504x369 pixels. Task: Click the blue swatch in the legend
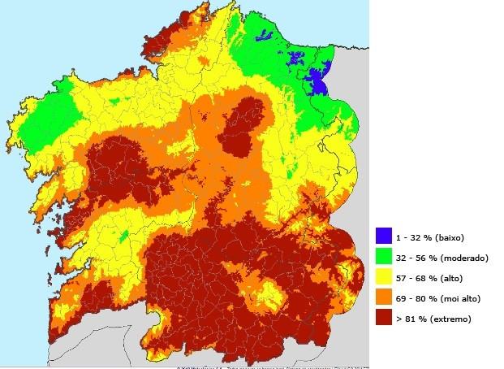384,237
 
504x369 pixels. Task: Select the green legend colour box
384,258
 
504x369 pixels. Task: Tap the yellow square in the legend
384,278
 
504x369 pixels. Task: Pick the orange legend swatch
384,298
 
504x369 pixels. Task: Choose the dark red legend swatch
384,319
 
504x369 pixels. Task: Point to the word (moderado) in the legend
464,258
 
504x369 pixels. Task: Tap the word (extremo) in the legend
457,319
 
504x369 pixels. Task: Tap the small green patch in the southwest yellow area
122,237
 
